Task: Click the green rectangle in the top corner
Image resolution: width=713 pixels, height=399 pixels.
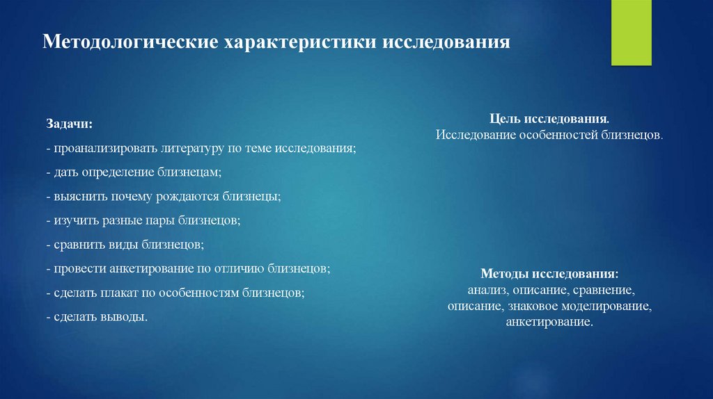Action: (631, 32)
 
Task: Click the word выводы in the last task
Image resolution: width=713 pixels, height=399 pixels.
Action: (123, 318)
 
